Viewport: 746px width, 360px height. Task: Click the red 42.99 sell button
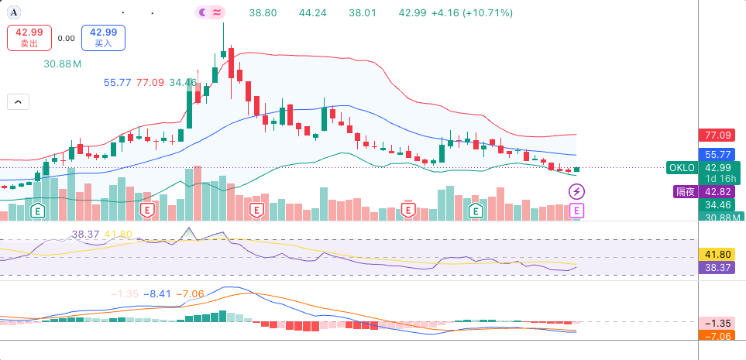click(29, 38)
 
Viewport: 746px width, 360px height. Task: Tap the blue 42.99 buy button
click(103, 38)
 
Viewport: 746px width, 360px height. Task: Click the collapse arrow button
click(18, 101)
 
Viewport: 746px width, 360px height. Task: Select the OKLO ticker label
click(682, 167)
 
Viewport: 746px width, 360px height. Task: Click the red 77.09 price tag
click(718, 135)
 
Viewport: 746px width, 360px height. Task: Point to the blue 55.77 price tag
click(718, 155)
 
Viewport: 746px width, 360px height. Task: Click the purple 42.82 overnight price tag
click(718, 192)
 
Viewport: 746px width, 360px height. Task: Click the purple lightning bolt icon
click(577, 192)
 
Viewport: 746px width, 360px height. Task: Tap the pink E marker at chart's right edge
click(577, 211)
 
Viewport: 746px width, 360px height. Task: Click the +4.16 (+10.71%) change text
click(472, 13)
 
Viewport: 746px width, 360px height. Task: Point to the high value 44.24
click(313, 13)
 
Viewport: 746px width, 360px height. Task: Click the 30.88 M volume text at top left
click(62, 63)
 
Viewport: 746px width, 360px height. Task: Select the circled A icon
click(14, 13)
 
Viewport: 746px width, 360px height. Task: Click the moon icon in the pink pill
click(203, 12)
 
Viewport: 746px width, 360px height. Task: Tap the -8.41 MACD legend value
click(157, 294)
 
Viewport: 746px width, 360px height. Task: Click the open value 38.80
click(263, 13)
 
